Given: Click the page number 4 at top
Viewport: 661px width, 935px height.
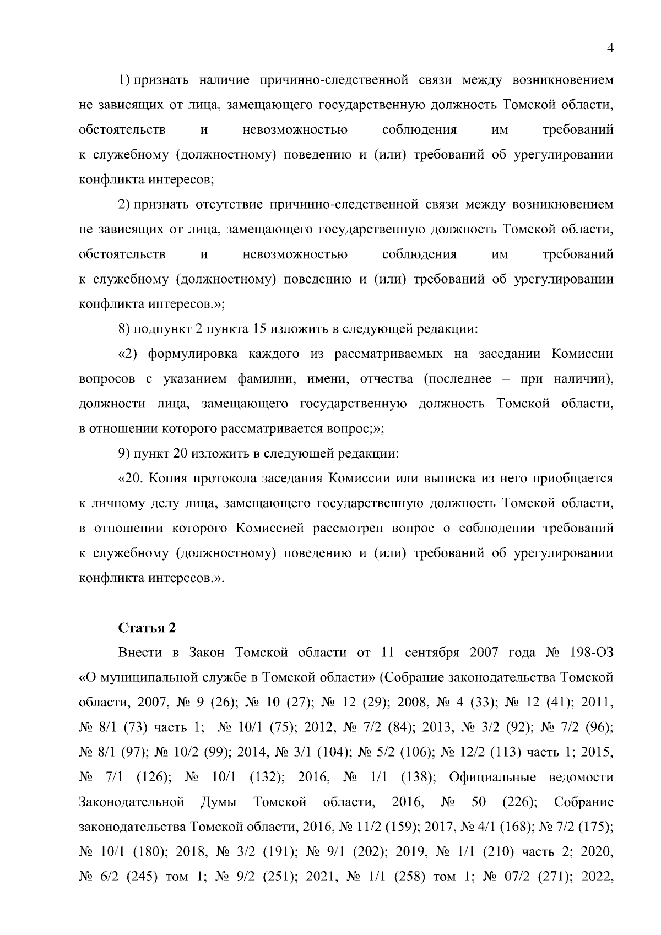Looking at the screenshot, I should (x=609, y=48).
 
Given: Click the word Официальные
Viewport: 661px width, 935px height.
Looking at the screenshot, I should (x=492, y=777).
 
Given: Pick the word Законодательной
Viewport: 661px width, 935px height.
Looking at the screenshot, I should (x=131, y=802).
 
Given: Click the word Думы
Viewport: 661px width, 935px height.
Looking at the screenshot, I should (x=219, y=802).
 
